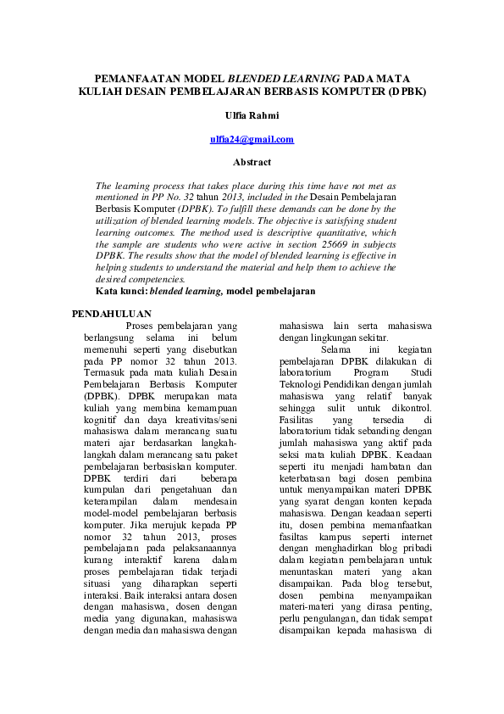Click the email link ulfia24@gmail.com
point(252,139)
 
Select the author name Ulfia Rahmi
point(252,115)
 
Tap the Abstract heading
point(252,162)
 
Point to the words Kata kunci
point(122,291)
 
